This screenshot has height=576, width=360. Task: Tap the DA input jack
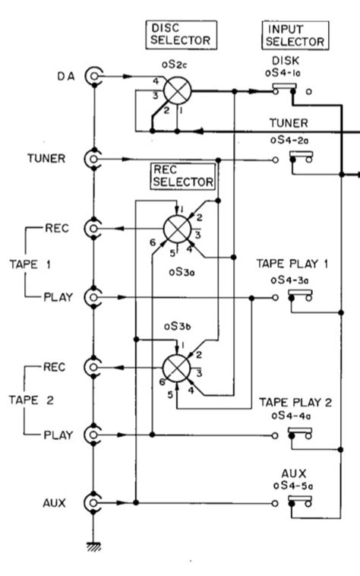pos(94,75)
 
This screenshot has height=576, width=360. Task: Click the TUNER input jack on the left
pos(94,159)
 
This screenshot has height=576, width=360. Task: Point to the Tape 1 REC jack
pos(94,228)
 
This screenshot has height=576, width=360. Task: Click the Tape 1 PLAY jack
pos(94,297)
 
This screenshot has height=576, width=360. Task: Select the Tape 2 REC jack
pos(94,368)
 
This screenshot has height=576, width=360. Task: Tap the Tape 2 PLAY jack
pos(94,435)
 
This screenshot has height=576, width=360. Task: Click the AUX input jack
pos(94,503)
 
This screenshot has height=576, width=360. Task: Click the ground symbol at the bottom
pos(94,546)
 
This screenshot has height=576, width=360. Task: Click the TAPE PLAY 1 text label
pos(293,264)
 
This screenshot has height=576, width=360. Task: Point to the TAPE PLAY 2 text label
pos(293,402)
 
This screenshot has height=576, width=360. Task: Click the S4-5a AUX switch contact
pos(302,503)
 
